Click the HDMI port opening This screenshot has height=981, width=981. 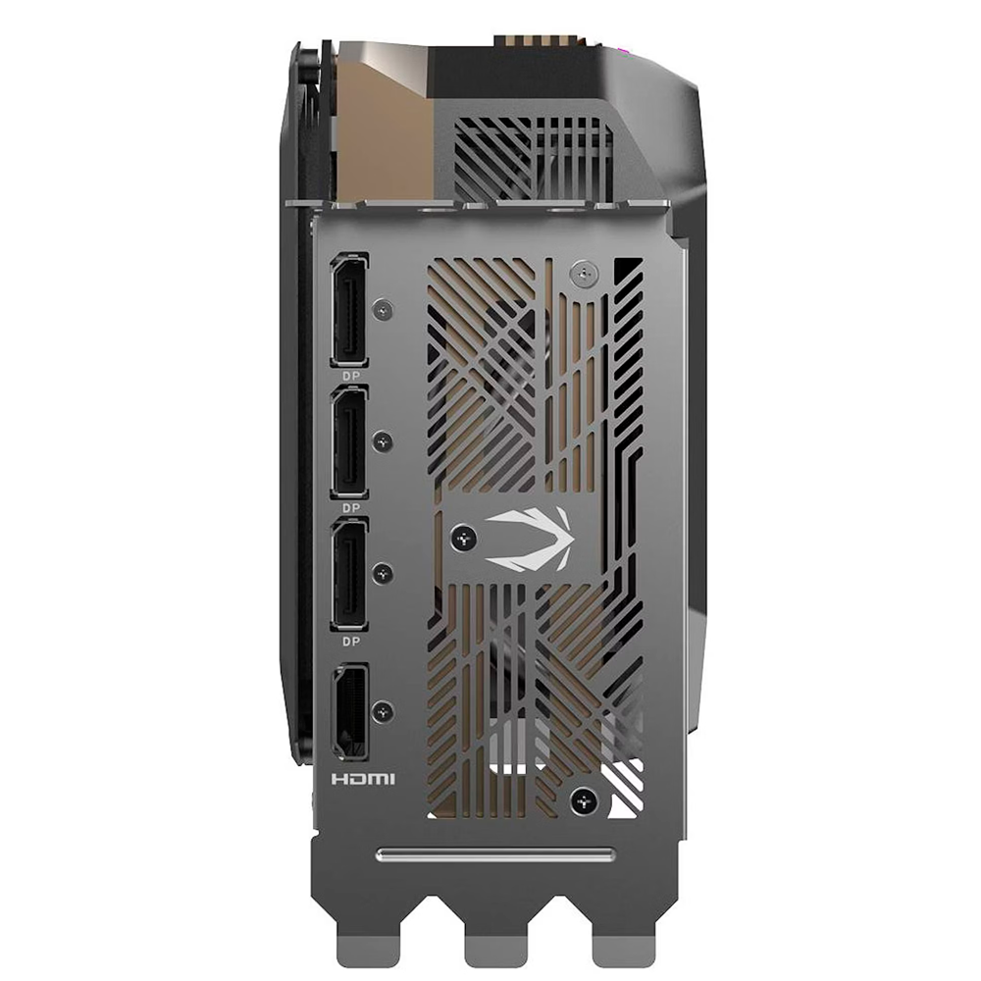point(350,712)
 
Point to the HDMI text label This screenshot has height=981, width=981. point(363,779)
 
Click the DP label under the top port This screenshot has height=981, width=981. point(351,376)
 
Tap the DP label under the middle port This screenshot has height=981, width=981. point(351,508)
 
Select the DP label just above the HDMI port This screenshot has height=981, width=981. point(351,642)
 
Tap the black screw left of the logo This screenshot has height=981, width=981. point(464,537)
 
